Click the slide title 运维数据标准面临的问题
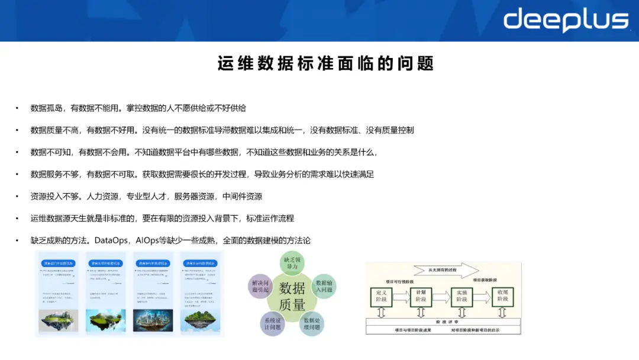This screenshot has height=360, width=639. [325, 63]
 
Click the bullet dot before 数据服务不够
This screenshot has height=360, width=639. [17, 175]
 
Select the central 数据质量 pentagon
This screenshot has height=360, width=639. [292, 296]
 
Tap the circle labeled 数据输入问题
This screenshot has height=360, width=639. [325, 287]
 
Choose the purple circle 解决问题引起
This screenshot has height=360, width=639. [260, 287]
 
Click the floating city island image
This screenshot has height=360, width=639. [153, 320]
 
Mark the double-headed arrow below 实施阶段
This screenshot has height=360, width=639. [461, 313]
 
